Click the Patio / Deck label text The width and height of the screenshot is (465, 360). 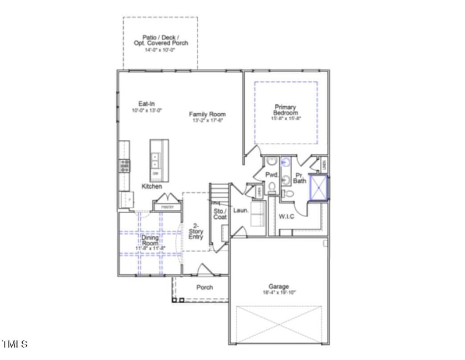[x=160, y=39]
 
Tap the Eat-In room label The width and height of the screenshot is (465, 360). [x=138, y=103]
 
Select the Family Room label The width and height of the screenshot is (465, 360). [x=208, y=114]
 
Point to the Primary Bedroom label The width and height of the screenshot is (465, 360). [x=286, y=110]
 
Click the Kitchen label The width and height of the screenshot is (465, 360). [x=152, y=186]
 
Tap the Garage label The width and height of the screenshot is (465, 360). [x=279, y=286]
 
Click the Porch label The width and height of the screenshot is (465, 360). [x=204, y=287]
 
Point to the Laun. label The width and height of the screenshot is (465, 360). [x=241, y=210]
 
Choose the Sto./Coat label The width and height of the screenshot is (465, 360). [x=220, y=214]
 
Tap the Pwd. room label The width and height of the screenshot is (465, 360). [x=271, y=174]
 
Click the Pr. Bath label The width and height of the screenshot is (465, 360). [x=300, y=178]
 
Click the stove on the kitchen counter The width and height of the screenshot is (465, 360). [x=124, y=165]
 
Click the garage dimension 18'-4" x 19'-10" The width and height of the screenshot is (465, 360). [x=279, y=293]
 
